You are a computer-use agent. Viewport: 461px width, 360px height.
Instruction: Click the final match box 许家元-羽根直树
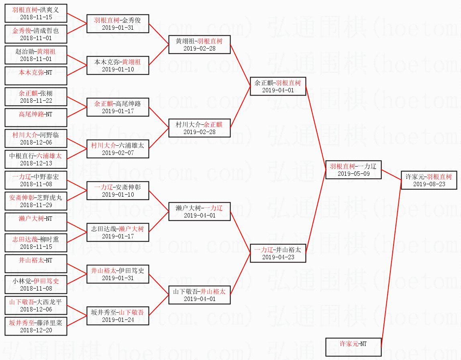click(429, 180)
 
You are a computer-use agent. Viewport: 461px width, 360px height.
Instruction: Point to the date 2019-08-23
click(429, 184)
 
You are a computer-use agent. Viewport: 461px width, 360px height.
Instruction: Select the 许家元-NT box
click(353, 347)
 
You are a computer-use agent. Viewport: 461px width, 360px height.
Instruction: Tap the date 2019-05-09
click(353, 174)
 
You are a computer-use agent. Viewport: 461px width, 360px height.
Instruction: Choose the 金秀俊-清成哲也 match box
click(36, 34)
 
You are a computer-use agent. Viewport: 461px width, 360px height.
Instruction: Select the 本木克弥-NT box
click(36, 76)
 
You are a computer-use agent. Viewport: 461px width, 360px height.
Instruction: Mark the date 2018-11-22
click(36, 101)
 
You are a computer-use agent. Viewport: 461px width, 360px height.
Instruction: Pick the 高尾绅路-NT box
click(36, 118)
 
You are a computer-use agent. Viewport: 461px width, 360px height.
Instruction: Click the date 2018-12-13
click(36, 163)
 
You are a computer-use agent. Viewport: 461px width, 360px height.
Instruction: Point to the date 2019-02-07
click(118, 153)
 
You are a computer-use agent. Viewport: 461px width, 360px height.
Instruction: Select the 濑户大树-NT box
click(36, 222)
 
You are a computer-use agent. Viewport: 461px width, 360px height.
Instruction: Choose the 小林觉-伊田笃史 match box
click(36, 285)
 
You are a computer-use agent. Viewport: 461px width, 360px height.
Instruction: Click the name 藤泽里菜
click(50, 323)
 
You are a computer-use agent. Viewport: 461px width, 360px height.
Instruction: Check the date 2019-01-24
click(118, 320)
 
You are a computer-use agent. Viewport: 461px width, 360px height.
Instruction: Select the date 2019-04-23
click(278, 257)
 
